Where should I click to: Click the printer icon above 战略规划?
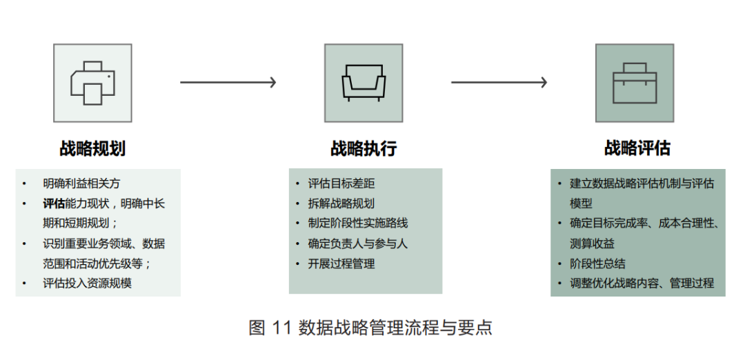click(x=92, y=83)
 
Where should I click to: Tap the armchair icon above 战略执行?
click(x=364, y=83)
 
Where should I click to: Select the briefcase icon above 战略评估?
click(x=635, y=83)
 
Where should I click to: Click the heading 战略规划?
click(x=92, y=148)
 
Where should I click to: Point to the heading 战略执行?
click(x=364, y=148)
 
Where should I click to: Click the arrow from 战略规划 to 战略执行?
click(x=228, y=83)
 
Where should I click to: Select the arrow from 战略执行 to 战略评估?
click(x=499, y=83)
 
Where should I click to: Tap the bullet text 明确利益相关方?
click(x=81, y=183)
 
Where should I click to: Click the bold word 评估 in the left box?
click(x=53, y=203)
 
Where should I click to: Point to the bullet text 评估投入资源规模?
click(x=87, y=283)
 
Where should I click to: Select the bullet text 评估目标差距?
click(x=341, y=183)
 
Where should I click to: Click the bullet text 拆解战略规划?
click(x=341, y=203)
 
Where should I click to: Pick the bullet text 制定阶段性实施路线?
click(x=358, y=223)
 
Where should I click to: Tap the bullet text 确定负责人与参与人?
click(x=358, y=243)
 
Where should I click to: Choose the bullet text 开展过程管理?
click(x=341, y=263)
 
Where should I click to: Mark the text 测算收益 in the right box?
click(x=592, y=243)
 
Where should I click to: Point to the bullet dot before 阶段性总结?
click(x=559, y=263)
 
